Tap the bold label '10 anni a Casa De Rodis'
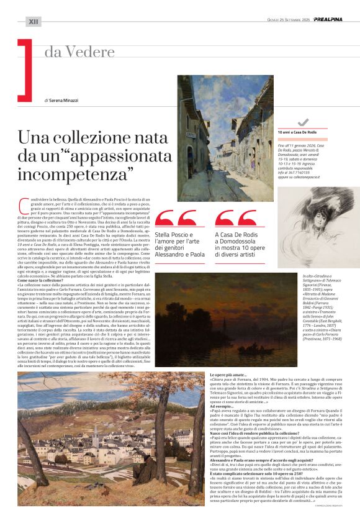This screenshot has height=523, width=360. (298, 132)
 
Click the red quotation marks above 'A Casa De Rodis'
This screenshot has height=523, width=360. (235, 218)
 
